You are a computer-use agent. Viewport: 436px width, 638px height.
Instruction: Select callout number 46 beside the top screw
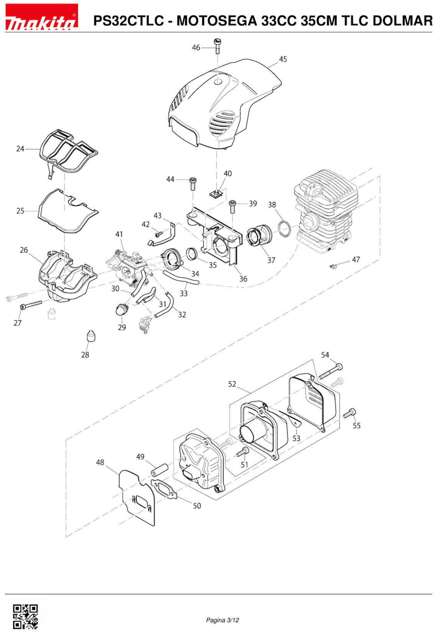tap(196, 48)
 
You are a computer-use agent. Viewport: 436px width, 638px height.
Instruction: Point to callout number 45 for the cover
tap(283, 59)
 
